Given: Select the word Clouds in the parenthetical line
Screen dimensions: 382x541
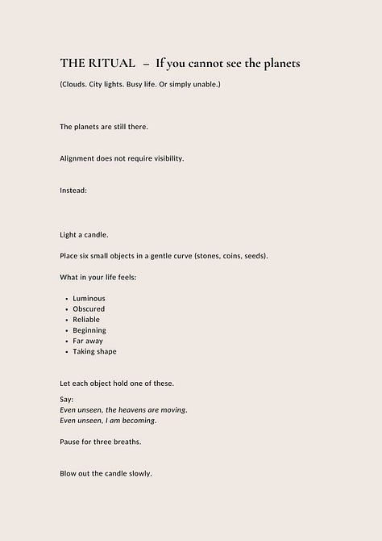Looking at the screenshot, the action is coord(77,85).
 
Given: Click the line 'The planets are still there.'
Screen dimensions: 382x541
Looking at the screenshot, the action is coord(104,127).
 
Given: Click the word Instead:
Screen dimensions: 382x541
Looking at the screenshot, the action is coord(73,190).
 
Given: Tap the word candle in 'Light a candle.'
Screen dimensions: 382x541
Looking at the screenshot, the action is coord(95,235).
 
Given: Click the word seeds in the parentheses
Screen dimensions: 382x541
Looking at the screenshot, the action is coord(254,256).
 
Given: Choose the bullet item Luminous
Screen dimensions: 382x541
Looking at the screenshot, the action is coord(89,299).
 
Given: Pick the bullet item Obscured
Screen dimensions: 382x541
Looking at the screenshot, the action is coord(89,309).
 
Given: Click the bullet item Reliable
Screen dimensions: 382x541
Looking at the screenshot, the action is coord(87,320).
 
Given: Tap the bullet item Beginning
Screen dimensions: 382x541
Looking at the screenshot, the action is coord(89,330).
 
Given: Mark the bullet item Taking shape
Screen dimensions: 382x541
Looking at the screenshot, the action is coord(94,351).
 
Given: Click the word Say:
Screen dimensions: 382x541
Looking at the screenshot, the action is coord(67,399).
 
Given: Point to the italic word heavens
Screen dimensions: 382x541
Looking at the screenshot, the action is coord(141,410).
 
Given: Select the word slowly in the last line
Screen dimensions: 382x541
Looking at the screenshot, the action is coord(139,473).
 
